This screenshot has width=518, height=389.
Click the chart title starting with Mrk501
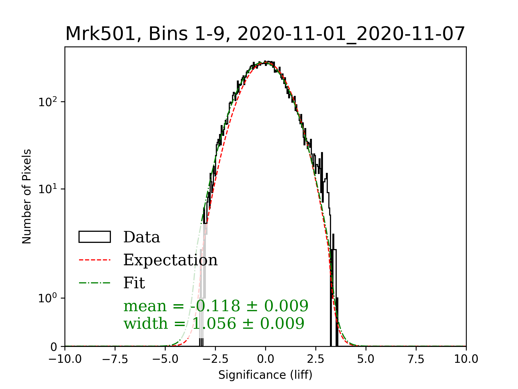[265, 34]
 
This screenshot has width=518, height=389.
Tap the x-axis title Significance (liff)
[265, 375]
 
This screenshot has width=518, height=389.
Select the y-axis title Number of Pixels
[27, 196]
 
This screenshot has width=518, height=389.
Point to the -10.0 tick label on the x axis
[65, 359]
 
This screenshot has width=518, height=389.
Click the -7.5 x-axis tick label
[115, 359]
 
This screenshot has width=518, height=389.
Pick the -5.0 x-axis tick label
[165, 359]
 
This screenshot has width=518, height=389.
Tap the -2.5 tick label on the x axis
[215, 359]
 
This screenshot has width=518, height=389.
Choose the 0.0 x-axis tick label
[265, 359]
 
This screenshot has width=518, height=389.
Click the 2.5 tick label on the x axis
[316, 359]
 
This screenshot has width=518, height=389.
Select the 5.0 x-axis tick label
[366, 359]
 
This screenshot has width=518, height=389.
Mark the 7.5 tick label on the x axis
[416, 359]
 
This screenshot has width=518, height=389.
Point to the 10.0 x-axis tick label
[466, 359]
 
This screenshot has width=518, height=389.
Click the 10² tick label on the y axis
[48, 102]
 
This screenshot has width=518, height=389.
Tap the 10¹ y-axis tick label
[48, 189]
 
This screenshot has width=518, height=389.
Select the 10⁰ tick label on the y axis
[48, 298]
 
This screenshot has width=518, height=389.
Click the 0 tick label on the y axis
[54, 347]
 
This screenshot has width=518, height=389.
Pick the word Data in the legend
[142, 237]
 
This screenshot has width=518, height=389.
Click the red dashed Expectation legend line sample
[95, 260]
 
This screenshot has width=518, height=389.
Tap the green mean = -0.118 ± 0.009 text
[216, 306]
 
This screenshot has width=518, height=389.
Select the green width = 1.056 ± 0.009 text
[214, 323]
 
